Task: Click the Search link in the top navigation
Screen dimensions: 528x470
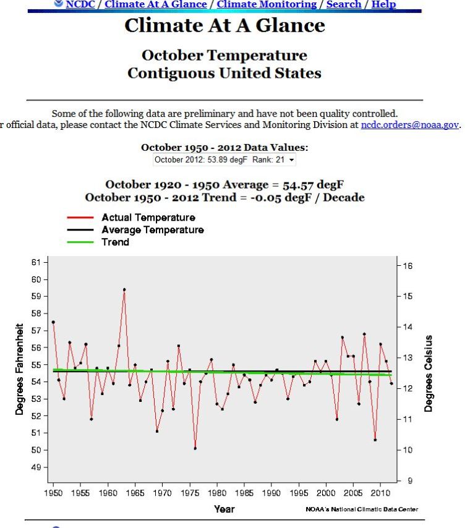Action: click(343, 4)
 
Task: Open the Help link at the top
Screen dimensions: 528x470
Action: click(383, 4)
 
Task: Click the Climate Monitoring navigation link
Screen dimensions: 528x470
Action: click(267, 4)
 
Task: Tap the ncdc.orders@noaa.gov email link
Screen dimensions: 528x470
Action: click(409, 124)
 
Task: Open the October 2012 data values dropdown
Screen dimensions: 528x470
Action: click(224, 160)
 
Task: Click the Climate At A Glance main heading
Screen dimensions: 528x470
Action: click(224, 25)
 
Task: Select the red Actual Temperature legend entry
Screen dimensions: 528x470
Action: click(148, 218)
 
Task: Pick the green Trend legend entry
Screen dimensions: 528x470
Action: click(115, 242)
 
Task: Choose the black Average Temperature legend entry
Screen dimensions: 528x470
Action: click(152, 230)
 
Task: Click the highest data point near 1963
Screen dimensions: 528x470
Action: click(124, 289)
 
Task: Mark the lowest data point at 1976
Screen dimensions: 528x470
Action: click(195, 448)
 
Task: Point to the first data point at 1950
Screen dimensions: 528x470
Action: click(53, 322)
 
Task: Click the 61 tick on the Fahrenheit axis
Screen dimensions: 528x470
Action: click(36, 262)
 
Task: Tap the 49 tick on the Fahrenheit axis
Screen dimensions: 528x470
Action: click(36, 467)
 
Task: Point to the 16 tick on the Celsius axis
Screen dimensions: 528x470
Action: click(408, 266)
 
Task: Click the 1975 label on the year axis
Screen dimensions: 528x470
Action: click(190, 493)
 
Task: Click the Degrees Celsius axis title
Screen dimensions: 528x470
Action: click(429, 374)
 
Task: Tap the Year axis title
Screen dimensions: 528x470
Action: click(224, 509)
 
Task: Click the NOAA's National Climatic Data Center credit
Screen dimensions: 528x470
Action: click(362, 509)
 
